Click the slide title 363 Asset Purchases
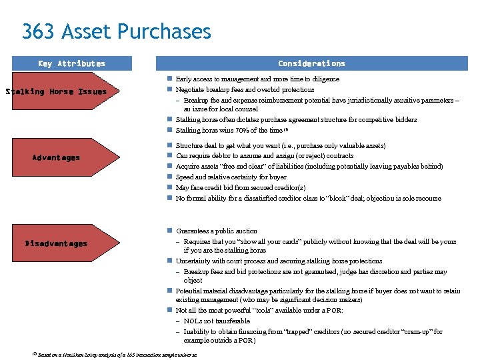(x=116, y=31)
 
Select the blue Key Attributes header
(x=71, y=64)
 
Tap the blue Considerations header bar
(x=311, y=64)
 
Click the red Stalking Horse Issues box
(x=57, y=92)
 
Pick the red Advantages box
(x=57, y=158)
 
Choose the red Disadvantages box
(x=57, y=244)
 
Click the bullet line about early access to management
(x=257, y=79)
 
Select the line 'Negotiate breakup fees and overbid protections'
(x=245, y=89)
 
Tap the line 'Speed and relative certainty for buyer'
(x=231, y=177)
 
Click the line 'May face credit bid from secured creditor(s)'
(x=240, y=187)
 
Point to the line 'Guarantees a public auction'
(x=216, y=231)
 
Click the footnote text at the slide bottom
(x=117, y=355)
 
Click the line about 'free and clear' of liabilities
(x=309, y=166)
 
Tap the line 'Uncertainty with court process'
(x=279, y=261)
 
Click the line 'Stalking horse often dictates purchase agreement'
(x=296, y=120)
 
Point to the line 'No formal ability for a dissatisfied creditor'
(x=308, y=198)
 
